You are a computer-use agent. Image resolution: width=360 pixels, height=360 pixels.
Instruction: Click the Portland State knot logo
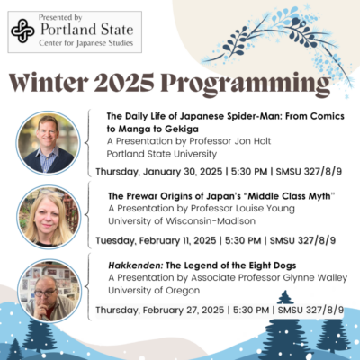22,31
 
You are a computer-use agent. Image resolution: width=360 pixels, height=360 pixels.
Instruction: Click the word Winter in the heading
49,83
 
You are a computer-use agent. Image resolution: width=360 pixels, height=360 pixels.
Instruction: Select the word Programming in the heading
246,85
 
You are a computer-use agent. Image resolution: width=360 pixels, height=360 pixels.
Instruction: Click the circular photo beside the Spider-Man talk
49,143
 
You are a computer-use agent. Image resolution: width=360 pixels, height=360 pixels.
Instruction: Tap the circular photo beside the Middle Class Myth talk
49,217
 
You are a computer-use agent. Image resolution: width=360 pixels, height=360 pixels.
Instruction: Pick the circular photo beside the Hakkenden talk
49,291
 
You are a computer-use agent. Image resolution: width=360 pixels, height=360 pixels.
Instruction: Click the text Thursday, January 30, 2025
159,172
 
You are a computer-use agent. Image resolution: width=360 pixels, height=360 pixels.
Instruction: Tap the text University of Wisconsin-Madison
182,221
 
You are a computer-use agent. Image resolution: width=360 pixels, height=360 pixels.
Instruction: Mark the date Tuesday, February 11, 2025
156,240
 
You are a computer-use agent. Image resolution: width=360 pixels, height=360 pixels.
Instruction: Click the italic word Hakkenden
136,265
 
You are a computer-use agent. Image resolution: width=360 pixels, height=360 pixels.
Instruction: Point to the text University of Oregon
154,291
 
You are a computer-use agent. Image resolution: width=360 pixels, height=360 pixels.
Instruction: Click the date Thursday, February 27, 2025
160,310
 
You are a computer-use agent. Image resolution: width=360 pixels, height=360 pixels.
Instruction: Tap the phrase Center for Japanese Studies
86,43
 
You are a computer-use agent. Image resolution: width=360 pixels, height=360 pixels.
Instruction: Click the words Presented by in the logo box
60,18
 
